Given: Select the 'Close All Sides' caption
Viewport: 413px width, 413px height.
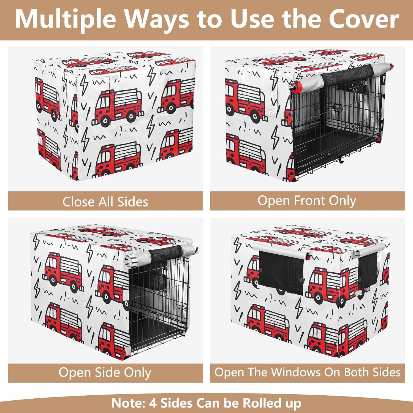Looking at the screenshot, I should point(105,202).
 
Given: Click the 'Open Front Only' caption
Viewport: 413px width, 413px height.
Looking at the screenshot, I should point(307,201).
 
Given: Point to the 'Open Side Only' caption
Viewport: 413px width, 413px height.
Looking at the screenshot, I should point(105,373).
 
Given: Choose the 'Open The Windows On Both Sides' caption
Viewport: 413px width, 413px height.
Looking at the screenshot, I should point(307,372).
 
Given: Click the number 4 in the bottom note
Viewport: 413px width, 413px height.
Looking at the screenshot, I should point(153,403).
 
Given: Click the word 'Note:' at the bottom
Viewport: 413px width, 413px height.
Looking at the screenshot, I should point(128,403).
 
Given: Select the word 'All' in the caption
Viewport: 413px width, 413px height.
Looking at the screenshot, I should point(106,202).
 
